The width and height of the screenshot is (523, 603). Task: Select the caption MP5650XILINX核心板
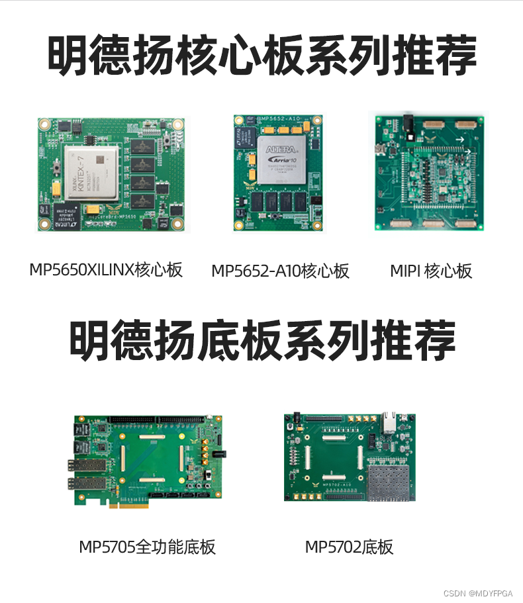pyautogui.click(x=106, y=270)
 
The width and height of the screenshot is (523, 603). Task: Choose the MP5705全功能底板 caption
pyautogui.click(x=147, y=547)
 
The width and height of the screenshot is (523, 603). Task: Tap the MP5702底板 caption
pyautogui.click(x=349, y=547)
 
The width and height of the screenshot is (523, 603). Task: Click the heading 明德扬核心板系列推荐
pyautogui.click(x=261, y=57)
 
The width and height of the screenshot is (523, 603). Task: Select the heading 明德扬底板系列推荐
pyautogui.click(x=261, y=340)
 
